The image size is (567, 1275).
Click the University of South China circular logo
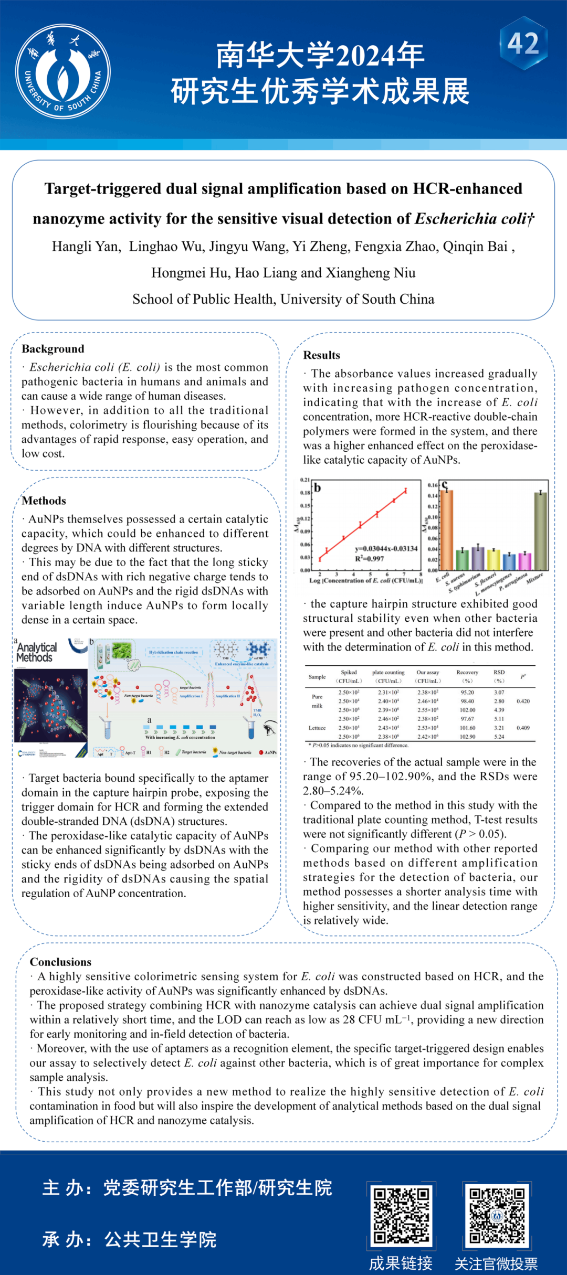pos(63,71)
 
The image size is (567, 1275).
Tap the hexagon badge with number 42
pos(523,44)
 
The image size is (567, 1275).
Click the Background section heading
pos(53,349)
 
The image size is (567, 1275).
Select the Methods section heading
pos(44,501)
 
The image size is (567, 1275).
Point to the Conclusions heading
pos(60,962)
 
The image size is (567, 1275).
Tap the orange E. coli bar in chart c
pos(447,530)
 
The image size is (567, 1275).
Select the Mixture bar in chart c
pos(540,531)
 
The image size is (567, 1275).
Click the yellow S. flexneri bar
pos(493,559)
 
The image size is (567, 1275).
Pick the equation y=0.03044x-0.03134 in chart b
pos(386,549)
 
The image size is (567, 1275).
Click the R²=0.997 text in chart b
pos(370,559)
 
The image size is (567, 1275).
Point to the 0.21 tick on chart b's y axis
pos(305,480)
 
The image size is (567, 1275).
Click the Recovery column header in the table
pos(467,673)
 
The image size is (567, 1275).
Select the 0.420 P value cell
pos(523,701)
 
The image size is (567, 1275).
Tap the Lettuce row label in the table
pos(317,728)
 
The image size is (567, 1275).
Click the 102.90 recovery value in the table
pos(467,737)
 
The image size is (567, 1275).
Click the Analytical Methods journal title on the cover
pos(36,652)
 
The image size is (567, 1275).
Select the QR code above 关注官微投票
pos(497,1216)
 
